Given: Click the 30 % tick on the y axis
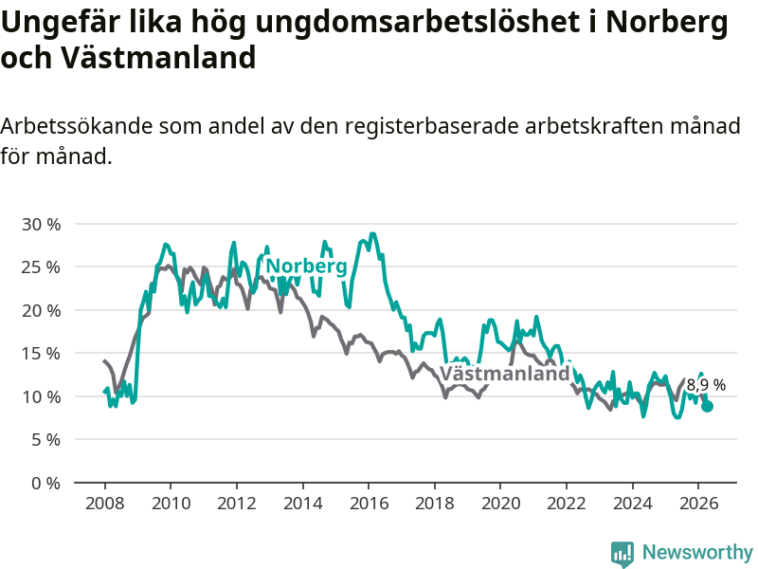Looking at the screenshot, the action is pos(41,225).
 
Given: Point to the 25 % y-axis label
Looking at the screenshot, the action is pos(41,267).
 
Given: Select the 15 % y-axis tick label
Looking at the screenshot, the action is pos(41,354).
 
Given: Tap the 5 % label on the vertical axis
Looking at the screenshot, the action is pos(45,440).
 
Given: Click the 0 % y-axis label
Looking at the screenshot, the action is pos(45,484).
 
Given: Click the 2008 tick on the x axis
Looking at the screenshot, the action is pos(105,504).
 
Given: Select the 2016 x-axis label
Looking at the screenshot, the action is pos(369,504).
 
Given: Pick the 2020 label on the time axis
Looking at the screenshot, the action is pos(501,504).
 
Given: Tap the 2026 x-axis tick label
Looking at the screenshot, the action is pos(698,504).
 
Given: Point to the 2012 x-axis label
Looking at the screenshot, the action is pos(237,504).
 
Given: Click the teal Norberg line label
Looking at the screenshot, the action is pos(306,266).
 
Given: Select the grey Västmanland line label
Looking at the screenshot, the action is pos(505,374).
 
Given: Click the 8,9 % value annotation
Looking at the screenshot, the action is pos(706,385).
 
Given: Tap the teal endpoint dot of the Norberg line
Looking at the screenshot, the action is pos(707,407).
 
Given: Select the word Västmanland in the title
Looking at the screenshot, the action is pos(158,58).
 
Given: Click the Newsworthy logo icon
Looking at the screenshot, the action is pos(623,554).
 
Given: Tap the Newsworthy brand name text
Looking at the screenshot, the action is pos(697,552).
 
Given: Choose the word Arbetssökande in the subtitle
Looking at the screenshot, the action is pos(77,126).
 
